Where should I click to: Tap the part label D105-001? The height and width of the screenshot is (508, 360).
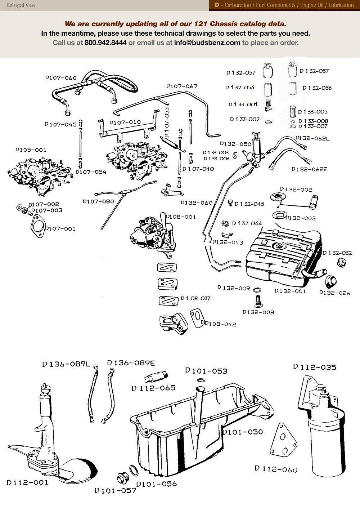(31, 150)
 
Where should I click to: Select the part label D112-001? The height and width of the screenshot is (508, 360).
(27, 482)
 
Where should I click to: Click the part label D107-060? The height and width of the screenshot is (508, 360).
(61, 77)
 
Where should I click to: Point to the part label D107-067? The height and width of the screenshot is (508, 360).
(182, 86)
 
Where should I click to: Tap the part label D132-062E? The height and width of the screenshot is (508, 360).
(309, 169)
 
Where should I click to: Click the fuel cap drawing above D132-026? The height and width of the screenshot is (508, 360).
(330, 280)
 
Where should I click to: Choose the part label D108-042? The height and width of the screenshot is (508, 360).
(220, 324)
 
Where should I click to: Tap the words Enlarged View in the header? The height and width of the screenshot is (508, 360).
(21, 5)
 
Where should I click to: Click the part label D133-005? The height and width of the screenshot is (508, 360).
(313, 112)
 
